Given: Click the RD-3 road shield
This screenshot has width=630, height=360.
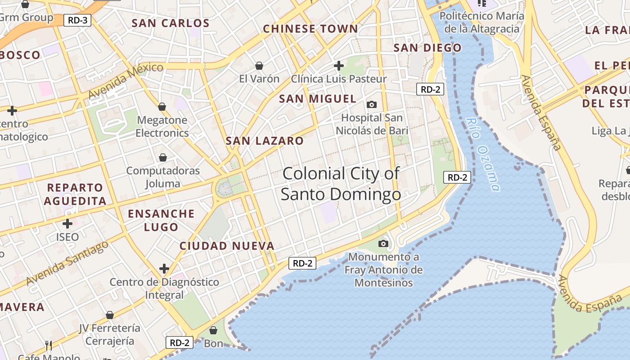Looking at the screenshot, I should pos(77,20).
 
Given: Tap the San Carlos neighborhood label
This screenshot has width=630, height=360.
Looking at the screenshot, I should pos(171,23).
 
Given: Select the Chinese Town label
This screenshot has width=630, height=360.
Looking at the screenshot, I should pos(310,29).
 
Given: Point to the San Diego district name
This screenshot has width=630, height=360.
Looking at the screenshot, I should pos(427,48).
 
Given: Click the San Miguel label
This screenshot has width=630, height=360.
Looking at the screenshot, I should pos(318,99).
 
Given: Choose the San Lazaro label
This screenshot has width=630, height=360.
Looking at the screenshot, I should pos(265,141).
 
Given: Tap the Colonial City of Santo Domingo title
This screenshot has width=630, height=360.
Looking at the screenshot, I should pos(341,184).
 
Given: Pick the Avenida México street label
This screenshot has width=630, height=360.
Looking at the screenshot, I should pos(126,81).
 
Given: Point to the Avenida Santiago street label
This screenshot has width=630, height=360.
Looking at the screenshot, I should pos(67,263).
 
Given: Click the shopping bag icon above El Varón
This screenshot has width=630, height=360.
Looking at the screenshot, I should pos(259,66).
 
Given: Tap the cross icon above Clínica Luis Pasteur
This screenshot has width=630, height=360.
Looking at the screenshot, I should pos(339,66).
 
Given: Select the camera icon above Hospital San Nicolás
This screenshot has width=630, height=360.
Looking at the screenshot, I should pos(372,105).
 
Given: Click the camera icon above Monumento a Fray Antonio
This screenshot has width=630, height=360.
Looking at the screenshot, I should pos(383,244).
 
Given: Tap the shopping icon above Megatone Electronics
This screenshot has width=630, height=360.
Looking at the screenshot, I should pos(162,107).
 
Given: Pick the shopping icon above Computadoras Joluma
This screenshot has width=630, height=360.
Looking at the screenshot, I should pos(163,158).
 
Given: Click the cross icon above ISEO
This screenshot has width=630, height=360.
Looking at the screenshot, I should pos(67,223).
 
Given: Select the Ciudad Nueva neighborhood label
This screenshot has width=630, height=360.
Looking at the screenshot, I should pos(227,246).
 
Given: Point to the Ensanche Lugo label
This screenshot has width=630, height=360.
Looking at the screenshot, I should pos(162,220).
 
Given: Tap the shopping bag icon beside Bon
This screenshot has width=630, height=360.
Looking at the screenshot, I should pos(213,331).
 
